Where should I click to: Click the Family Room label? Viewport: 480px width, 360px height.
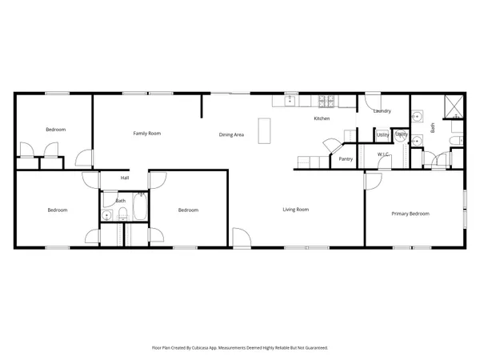pyautogui.click(x=147, y=134)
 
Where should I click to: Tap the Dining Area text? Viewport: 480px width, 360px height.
pyautogui.click(x=231, y=135)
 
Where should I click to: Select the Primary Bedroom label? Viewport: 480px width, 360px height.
pyautogui.click(x=410, y=214)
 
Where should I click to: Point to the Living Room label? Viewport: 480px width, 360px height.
pyautogui.click(x=296, y=210)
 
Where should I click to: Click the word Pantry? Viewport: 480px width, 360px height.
pyautogui.click(x=346, y=159)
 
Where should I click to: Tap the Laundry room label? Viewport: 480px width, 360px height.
pyautogui.click(x=382, y=111)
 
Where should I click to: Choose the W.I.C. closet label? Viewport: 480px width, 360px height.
pyautogui.click(x=383, y=154)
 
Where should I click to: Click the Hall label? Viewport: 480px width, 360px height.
pyautogui.click(x=125, y=178)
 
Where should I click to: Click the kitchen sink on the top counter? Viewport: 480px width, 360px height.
pyautogui.click(x=290, y=101)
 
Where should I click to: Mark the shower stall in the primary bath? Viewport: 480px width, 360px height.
pyautogui.click(x=454, y=104)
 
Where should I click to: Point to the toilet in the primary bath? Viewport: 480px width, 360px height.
pyautogui.click(x=454, y=142)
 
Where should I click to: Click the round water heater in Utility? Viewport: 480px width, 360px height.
pyautogui.click(x=402, y=135)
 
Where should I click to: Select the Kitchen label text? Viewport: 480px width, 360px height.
pyautogui.click(x=322, y=119)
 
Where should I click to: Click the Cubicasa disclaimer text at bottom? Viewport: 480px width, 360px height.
pyautogui.click(x=240, y=348)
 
